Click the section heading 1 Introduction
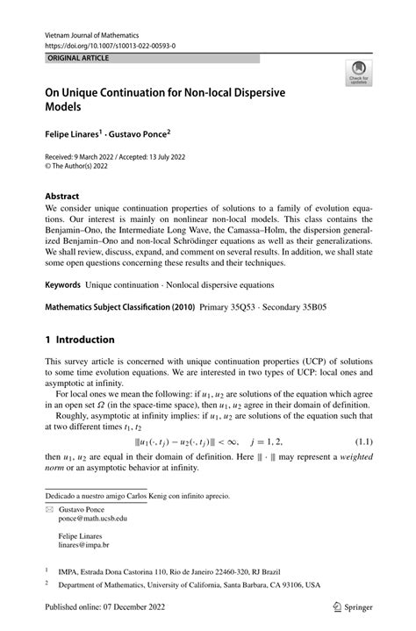click(x=80, y=339)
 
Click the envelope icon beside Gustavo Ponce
click(x=49, y=509)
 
